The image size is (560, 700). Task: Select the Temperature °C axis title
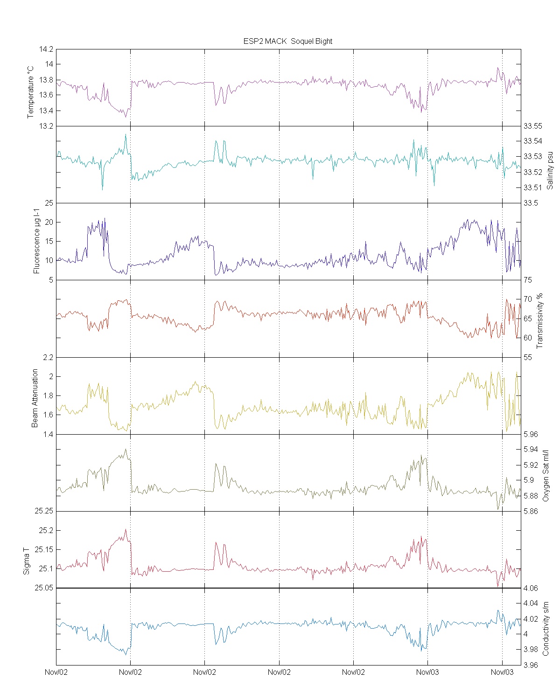tap(31, 92)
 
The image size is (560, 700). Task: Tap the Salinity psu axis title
tap(550, 170)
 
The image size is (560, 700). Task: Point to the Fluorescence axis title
tap(36, 242)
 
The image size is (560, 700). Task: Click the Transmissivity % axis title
tap(540, 320)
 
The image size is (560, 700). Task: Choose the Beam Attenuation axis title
tap(35, 398)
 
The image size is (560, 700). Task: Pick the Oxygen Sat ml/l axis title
tap(546, 476)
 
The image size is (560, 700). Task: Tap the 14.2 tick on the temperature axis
tap(47, 49)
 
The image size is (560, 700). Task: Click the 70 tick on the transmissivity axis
tap(527, 299)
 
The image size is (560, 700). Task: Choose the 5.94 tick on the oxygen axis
tap(531, 450)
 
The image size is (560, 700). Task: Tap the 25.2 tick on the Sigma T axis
tap(46, 531)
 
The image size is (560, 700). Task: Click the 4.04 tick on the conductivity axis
tap(531, 603)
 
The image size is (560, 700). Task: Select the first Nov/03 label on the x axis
tap(427, 672)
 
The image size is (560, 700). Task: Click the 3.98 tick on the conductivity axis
tap(531, 650)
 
